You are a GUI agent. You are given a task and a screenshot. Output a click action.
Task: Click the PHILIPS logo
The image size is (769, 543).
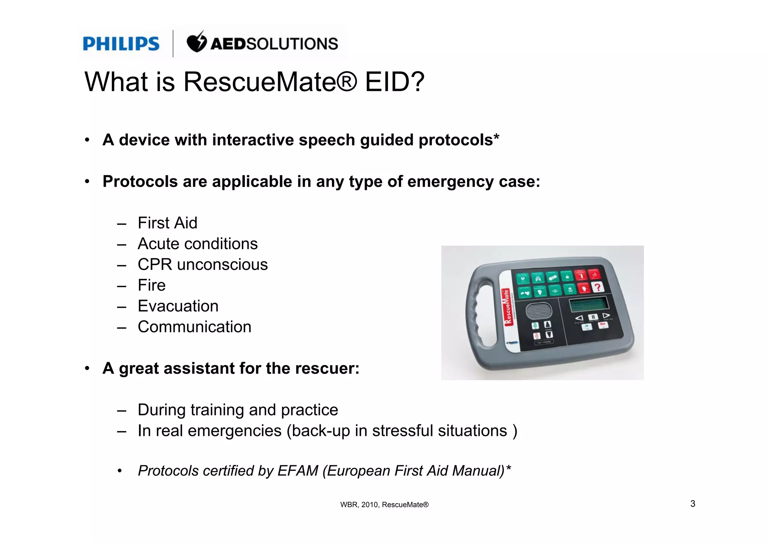pyautogui.click(x=121, y=44)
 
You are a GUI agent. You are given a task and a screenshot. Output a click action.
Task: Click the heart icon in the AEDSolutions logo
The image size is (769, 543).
pyautogui.click(x=196, y=43)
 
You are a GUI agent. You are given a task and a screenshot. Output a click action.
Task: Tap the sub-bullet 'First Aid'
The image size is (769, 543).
pyautogui.click(x=167, y=223)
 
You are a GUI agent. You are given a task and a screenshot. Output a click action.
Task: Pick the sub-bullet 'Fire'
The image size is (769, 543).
pyautogui.click(x=151, y=285)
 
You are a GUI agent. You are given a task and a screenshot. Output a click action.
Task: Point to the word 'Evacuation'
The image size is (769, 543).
pyautogui.click(x=178, y=306)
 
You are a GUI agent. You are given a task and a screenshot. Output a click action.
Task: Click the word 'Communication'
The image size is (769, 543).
pyautogui.click(x=194, y=327)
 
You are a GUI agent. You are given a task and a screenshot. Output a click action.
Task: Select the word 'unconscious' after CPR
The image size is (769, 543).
pyautogui.click(x=222, y=265)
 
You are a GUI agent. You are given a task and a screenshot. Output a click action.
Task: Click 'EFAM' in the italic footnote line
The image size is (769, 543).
pyautogui.click(x=297, y=471)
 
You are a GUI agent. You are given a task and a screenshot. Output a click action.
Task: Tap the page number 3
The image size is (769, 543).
pyautogui.click(x=693, y=504)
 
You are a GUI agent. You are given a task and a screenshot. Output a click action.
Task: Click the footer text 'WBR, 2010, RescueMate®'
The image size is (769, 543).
pyautogui.click(x=384, y=505)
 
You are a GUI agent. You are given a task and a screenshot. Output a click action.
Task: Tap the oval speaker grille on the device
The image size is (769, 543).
pyautogui.click(x=538, y=310)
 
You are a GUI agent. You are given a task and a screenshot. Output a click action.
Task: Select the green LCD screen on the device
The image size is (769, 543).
pyautogui.click(x=588, y=304)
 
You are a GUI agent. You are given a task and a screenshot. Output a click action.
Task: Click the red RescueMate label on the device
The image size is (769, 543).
pyautogui.click(x=507, y=307)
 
